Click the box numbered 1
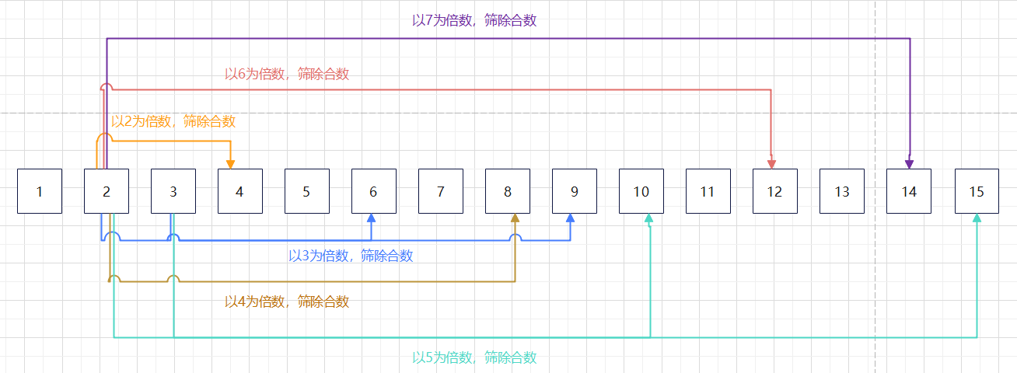point(40,190)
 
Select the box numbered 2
point(107,190)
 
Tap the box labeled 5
point(306,190)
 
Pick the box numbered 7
point(441,190)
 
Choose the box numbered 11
point(708,190)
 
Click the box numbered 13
point(842,190)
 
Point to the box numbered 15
point(977,190)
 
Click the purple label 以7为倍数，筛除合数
point(474,21)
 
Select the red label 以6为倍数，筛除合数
point(287,74)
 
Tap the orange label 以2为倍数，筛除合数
point(173,121)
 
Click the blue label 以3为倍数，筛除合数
point(351,256)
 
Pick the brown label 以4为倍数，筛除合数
point(287,302)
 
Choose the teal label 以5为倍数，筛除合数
point(474,357)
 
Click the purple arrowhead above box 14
point(909,163)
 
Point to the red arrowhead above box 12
point(771,163)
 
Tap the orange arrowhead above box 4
point(230,163)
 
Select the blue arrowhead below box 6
point(372,218)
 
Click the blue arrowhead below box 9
point(570,218)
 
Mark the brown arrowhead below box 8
point(515,218)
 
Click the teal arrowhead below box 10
point(649,218)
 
